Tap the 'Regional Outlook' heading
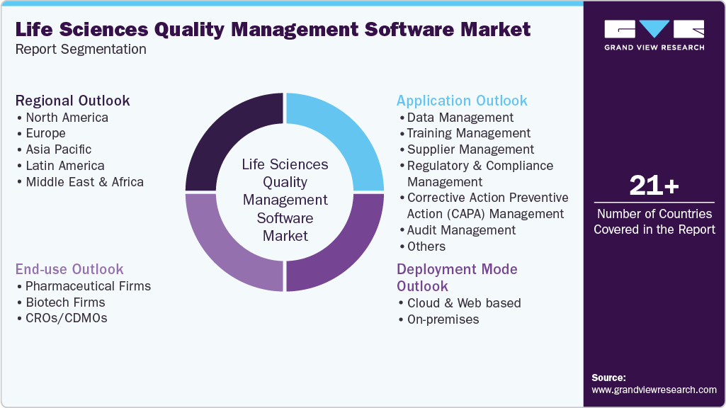point(73,101)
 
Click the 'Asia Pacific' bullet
point(58,149)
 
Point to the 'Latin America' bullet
point(64,166)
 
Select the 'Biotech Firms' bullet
point(64,302)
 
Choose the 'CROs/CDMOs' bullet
point(66,319)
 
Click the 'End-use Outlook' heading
point(69,269)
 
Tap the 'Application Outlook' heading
point(462,101)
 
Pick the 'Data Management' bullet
point(460,118)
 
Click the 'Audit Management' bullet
point(461,230)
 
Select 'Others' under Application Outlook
point(426,246)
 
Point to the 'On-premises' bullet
point(443,319)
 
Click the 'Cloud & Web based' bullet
point(464,303)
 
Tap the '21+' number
point(654,186)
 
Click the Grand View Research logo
point(654,35)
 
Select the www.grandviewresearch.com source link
point(654,390)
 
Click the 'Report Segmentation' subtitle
point(81,50)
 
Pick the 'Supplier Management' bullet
point(470,149)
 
